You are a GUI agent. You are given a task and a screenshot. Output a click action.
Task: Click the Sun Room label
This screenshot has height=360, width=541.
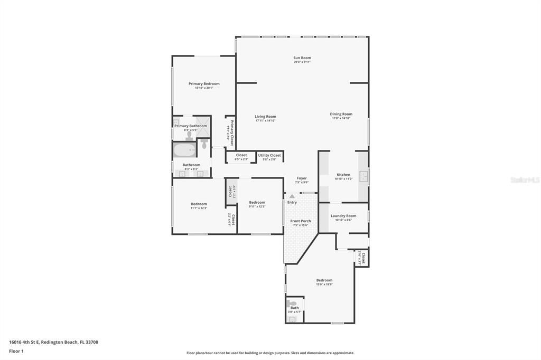[x=302, y=58]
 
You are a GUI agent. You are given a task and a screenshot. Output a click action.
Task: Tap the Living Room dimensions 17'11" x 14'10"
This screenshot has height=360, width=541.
[x=265, y=120]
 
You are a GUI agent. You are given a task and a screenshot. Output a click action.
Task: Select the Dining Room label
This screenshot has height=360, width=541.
[x=341, y=114]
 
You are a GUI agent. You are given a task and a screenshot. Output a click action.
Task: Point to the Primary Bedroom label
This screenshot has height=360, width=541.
[x=204, y=83]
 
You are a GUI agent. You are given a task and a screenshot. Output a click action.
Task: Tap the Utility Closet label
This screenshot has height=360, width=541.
[x=269, y=155]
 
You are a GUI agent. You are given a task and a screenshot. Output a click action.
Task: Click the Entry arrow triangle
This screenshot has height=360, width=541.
[x=292, y=196]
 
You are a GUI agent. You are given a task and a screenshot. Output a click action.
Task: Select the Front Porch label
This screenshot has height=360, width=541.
[x=301, y=221]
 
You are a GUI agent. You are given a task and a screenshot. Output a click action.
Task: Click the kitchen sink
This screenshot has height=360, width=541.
[x=363, y=176]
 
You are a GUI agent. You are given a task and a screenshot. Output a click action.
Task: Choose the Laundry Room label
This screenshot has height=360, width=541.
[x=343, y=215]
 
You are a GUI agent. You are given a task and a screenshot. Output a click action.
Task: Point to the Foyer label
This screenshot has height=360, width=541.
[x=301, y=178]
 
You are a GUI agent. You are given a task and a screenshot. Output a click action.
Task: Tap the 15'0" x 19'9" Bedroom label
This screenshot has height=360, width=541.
[x=324, y=280]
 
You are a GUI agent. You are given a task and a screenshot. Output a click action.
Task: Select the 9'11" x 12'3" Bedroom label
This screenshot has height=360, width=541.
[x=257, y=202]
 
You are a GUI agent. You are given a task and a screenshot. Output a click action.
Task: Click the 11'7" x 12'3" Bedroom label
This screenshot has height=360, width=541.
[x=199, y=204]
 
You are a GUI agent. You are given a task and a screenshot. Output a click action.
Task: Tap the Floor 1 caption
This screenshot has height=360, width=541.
[x=16, y=351]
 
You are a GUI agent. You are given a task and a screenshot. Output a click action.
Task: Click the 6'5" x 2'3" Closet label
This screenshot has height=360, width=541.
[x=241, y=155]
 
